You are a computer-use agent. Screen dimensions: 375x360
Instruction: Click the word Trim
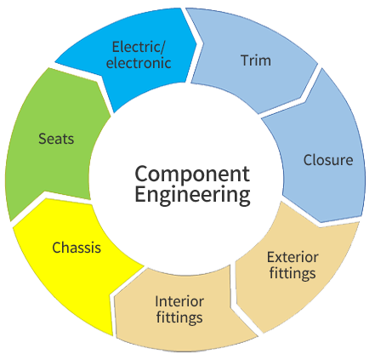[x=256, y=60]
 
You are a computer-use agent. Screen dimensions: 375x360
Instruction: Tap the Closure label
[x=328, y=160]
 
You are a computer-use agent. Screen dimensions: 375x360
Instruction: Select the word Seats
[x=56, y=139]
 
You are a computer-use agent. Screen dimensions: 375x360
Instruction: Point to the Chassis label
[x=77, y=248]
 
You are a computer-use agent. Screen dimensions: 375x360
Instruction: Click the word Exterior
[x=293, y=257]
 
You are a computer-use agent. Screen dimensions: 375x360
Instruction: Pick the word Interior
[x=179, y=301]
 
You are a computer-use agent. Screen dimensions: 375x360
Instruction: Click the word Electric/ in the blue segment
[x=138, y=47]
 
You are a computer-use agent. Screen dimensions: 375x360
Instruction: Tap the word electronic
[x=139, y=63]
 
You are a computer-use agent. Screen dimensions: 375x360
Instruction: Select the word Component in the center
[x=192, y=174]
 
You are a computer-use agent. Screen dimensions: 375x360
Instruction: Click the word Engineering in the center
[x=192, y=195]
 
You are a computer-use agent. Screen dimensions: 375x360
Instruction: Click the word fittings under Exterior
[x=293, y=273]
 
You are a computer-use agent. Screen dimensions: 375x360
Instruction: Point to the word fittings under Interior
[x=179, y=317]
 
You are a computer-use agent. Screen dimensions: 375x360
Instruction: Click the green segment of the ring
[x=54, y=142]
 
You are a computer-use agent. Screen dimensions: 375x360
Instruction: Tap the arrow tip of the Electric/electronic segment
[x=196, y=43]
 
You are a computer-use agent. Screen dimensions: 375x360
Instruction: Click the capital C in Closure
[x=308, y=160]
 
